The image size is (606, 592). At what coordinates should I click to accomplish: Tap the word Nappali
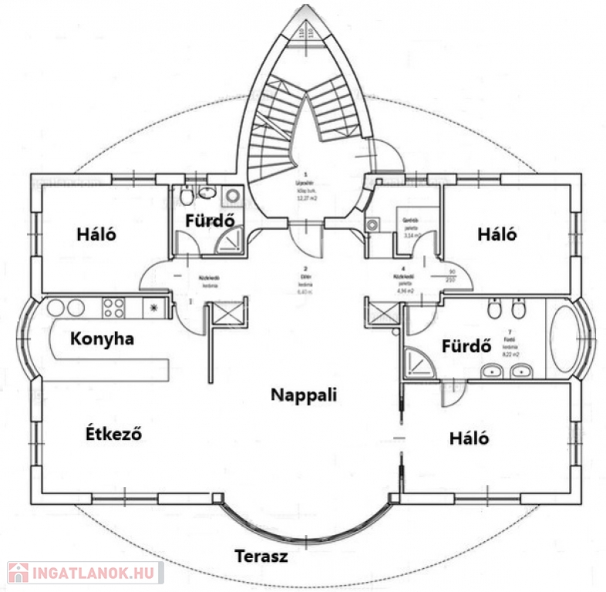click(x=305, y=395)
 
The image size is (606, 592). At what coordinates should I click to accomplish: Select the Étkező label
click(x=113, y=433)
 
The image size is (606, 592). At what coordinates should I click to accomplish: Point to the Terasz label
click(x=261, y=556)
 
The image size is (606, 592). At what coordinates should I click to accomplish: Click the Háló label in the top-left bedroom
click(x=96, y=234)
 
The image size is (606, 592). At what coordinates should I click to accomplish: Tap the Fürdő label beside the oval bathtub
click(x=466, y=346)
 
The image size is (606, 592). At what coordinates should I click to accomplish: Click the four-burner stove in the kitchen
click(x=114, y=308)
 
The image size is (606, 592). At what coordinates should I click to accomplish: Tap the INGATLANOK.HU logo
click(x=83, y=573)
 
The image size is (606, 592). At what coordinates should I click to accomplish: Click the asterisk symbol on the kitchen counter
click(x=154, y=308)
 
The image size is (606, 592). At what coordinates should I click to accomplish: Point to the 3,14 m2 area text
click(x=409, y=235)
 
